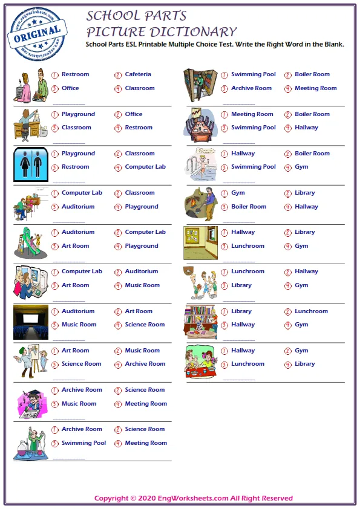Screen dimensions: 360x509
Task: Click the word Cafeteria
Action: click(x=138, y=74)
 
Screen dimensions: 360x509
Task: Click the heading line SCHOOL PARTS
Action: click(x=136, y=16)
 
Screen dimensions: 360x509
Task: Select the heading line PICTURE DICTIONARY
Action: click(x=161, y=32)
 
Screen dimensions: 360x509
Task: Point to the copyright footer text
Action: click(x=194, y=498)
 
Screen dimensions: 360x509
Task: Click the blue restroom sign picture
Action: click(x=30, y=164)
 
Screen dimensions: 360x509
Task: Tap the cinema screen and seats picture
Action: click(x=30, y=322)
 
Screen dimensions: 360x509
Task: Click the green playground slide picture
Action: click(x=30, y=243)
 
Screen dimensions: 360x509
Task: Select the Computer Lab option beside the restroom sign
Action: click(x=145, y=167)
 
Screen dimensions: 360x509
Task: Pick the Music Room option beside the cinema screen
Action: click(x=79, y=325)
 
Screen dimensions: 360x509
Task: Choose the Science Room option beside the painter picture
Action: click(x=81, y=364)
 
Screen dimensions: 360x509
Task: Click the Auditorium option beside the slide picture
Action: click(x=78, y=232)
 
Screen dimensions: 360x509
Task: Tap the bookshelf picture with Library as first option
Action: click(x=201, y=322)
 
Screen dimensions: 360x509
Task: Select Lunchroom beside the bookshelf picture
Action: click(x=311, y=311)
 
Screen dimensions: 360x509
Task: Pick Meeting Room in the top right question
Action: click(x=315, y=88)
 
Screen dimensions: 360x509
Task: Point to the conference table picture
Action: click(x=201, y=125)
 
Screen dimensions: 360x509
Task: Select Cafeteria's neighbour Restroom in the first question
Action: click(x=75, y=74)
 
